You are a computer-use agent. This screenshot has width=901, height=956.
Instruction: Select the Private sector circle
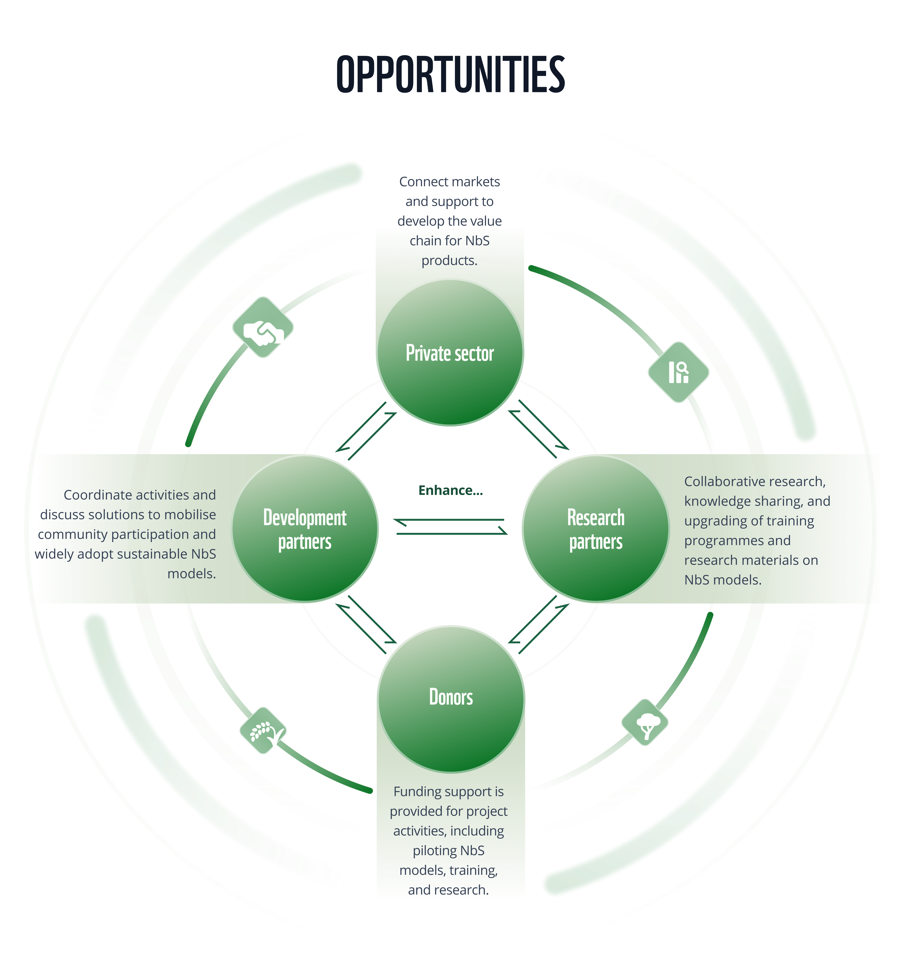click(450, 352)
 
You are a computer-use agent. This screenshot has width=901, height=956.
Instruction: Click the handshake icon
click(263, 328)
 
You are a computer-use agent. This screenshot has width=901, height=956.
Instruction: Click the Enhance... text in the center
click(450, 491)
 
